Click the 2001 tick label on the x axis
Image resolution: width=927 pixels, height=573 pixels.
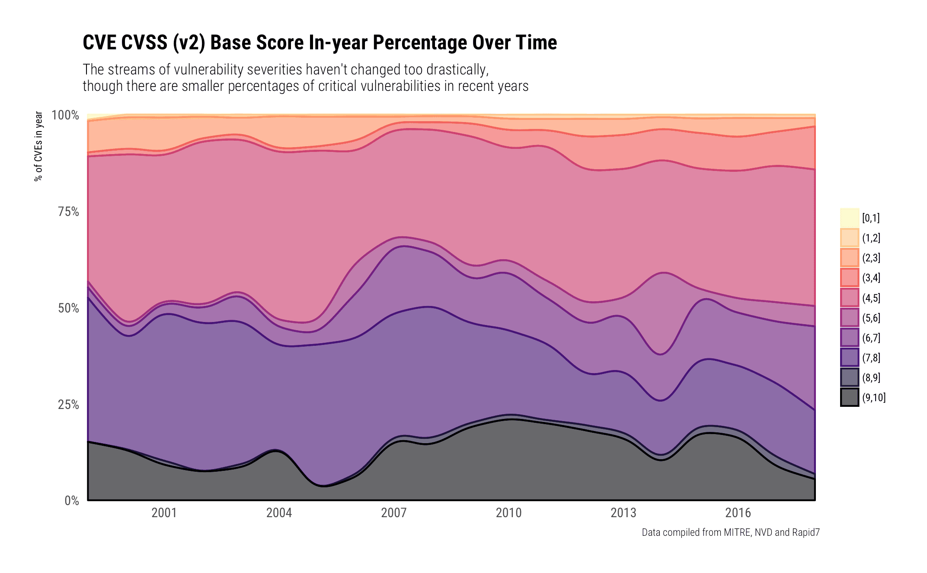(x=164, y=513)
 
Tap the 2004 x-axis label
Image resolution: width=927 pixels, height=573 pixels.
(x=279, y=513)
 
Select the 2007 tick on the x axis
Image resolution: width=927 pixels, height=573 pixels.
(x=394, y=513)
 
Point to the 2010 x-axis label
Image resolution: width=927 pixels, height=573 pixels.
(x=508, y=513)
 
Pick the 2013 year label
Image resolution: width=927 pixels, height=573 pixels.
(x=623, y=513)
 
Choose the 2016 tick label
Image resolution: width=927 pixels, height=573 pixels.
(x=738, y=513)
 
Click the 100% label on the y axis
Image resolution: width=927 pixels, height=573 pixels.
(x=65, y=115)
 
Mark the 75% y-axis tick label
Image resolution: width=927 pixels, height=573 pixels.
(x=69, y=212)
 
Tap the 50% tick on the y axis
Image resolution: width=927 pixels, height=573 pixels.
(x=69, y=308)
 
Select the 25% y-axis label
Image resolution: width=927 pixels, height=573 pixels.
(x=69, y=405)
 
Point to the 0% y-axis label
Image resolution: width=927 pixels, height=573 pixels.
(x=72, y=501)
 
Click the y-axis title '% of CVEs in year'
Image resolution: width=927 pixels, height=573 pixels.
(x=38, y=146)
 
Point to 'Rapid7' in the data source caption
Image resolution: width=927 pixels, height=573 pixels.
(x=806, y=532)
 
